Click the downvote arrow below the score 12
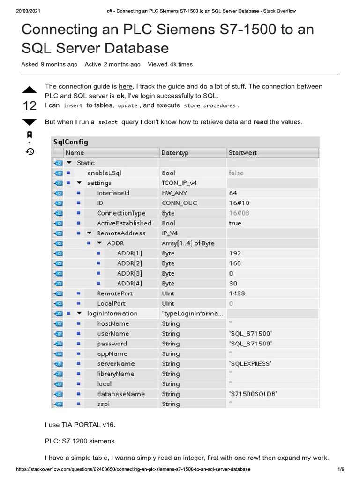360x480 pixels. pos(29,122)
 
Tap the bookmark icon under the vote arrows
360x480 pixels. pos(29,135)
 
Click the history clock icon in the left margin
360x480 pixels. pos(29,151)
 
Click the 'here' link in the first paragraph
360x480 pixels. pos(126,86)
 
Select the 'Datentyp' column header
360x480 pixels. pos(174,153)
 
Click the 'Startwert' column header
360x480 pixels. pos(242,153)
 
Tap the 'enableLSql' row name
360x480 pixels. pos(104,173)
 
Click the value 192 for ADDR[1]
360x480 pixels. pos(235,253)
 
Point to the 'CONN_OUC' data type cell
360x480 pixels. pos(179,203)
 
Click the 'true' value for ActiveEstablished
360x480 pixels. pos(235,223)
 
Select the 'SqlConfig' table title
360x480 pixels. pos(71,142)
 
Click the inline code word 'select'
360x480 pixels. pos(108,122)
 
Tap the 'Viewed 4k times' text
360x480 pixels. pos(170,64)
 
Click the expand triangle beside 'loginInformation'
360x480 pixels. pos(79,314)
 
